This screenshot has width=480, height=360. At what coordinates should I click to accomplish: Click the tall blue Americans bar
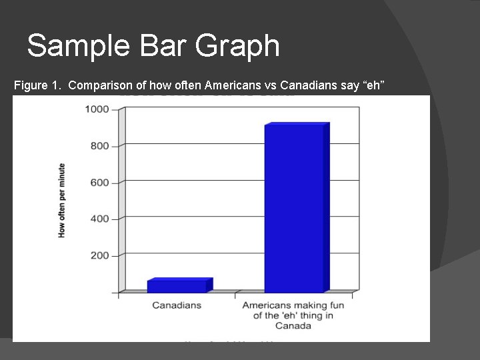tap(294, 208)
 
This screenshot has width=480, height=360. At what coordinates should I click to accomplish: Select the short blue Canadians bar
tap(177, 286)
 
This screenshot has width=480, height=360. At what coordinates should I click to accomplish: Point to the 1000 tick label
tap(96, 109)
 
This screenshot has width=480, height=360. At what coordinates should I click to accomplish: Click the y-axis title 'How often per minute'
tap(62, 200)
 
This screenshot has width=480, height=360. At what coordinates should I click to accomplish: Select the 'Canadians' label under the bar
tap(177, 305)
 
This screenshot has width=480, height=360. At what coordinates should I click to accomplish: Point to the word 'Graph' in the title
tap(238, 46)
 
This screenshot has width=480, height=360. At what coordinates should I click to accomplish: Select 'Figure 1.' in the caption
tap(38, 85)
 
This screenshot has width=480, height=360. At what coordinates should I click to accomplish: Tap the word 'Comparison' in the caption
tap(101, 85)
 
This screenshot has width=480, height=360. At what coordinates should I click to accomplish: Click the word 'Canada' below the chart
tap(294, 326)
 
